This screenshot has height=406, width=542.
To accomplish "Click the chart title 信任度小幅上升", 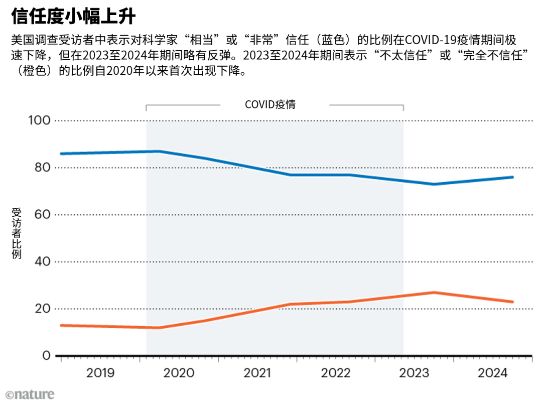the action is [73, 16].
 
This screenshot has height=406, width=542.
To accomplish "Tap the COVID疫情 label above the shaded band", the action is [270, 104].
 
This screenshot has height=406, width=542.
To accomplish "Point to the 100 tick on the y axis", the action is [39, 120].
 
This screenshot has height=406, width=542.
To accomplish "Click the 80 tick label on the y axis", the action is [43, 168].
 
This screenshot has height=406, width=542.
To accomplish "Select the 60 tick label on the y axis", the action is [43, 215].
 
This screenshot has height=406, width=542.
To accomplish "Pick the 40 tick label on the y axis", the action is [43, 261].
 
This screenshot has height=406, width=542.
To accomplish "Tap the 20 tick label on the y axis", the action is [43, 309].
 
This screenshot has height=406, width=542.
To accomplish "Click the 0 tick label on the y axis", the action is [46, 355].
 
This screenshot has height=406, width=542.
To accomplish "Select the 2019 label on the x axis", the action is [100, 373].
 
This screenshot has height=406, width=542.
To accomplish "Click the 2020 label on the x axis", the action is [179, 373].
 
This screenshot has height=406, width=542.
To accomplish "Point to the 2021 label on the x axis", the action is [257, 373].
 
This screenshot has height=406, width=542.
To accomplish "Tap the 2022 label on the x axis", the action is [336, 373].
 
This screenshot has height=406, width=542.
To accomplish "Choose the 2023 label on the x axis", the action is [414, 373].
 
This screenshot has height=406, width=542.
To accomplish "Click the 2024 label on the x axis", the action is [493, 373].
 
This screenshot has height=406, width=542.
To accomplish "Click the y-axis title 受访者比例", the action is [16, 233].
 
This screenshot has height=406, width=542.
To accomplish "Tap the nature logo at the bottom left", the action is [30, 394].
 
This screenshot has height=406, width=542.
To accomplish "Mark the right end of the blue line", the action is [512, 177].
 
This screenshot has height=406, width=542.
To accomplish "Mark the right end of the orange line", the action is [512, 302].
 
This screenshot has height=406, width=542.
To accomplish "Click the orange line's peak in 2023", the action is [434, 293].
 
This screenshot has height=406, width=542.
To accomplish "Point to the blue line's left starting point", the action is [62, 154].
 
